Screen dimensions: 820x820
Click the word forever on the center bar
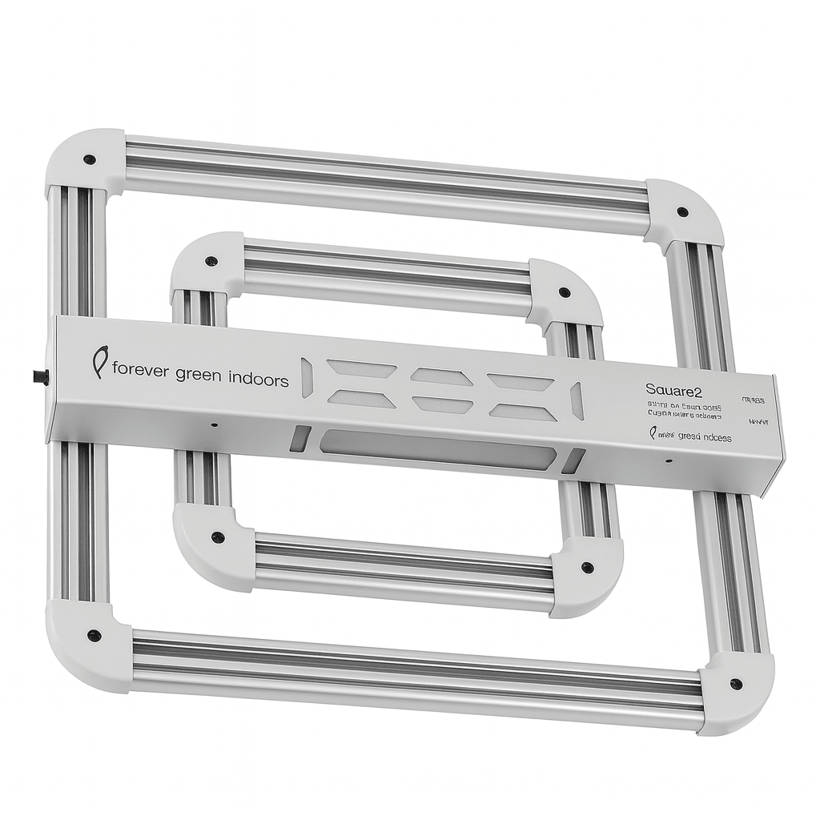(140, 371)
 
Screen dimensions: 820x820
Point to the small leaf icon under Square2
(653, 433)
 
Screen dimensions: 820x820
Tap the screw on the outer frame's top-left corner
(90, 159)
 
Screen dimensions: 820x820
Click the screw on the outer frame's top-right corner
(682, 212)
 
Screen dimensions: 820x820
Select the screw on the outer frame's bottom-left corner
(94, 635)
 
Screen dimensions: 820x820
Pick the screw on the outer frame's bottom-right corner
(735, 684)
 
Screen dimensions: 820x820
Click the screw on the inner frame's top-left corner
(211, 261)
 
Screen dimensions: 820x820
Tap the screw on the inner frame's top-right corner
(565, 292)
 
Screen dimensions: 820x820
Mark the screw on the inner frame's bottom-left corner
(217, 537)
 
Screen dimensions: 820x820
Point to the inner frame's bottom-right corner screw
(587, 567)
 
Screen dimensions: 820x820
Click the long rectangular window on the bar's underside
(436, 451)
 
